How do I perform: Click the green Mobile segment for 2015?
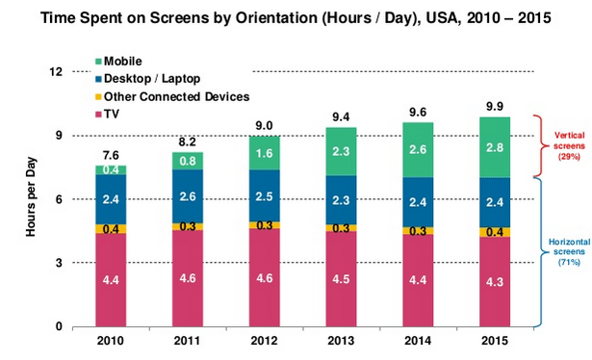(x=495, y=146)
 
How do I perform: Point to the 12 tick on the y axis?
(x=56, y=72)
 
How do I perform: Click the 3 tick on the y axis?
(x=59, y=263)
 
